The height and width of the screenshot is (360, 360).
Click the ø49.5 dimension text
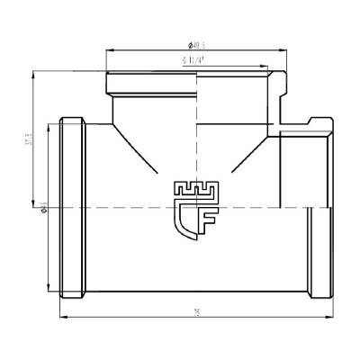pos(197,45)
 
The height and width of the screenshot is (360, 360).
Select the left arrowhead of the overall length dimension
pos(63,318)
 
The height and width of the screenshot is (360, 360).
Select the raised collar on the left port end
pos(74,207)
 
